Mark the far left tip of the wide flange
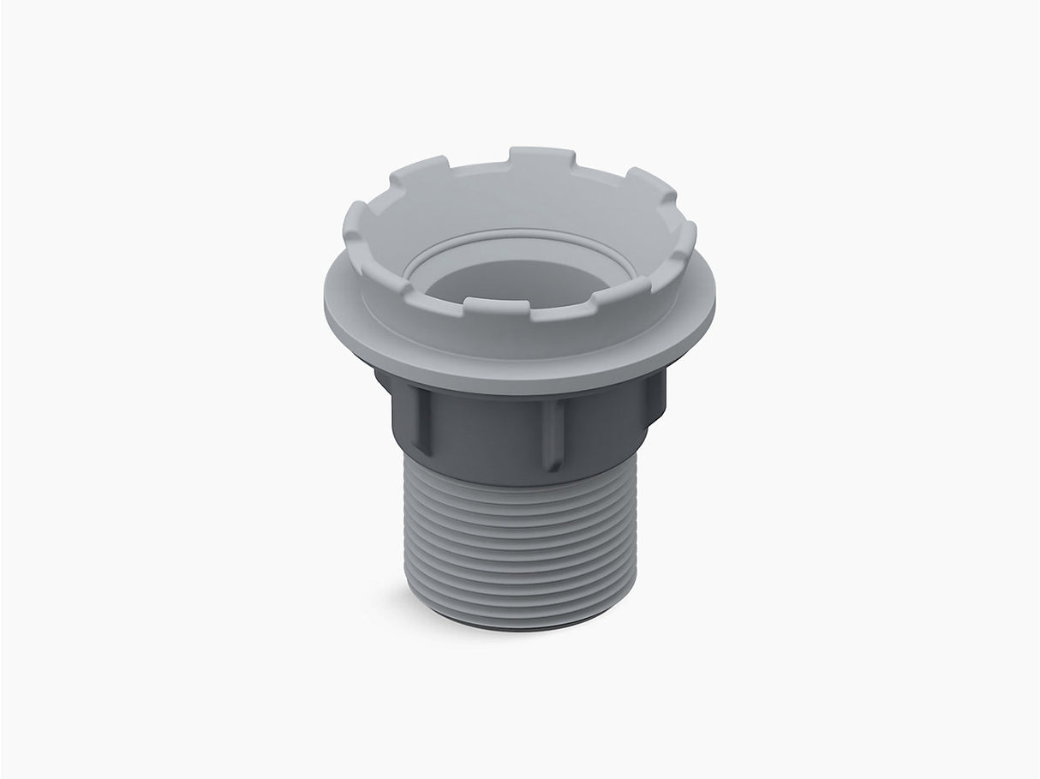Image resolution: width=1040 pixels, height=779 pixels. (327, 296)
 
